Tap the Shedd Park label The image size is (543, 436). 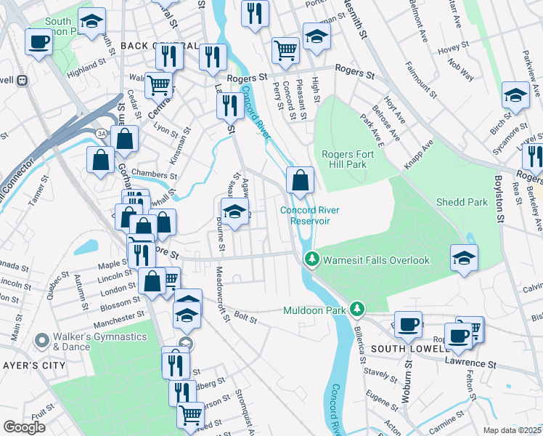[x=462, y=202]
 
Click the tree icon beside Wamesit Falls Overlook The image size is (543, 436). [x=312, y=259]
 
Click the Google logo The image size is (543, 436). [x=24, y=427]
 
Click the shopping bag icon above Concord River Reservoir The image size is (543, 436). [x=300, y=179]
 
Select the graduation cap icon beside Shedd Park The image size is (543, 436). [x=464, y=257]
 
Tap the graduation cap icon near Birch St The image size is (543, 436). [x=515, y=95]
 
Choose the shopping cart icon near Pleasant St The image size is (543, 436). [x=285, y=50]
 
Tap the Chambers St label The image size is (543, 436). [x=155, y=175]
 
